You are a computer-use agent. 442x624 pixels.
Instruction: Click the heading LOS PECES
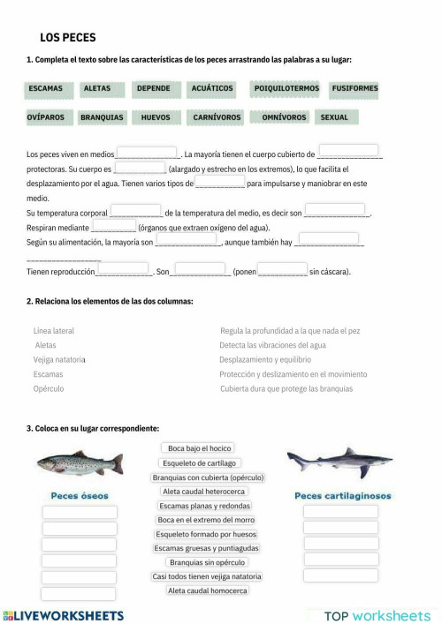click(x=68, y=38)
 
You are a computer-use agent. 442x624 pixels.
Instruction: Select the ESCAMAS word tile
click(x=46, y=89)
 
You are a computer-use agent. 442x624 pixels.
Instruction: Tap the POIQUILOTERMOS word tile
click(x=286, y=89)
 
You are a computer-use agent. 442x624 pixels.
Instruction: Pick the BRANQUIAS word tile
click(x=102, y=117)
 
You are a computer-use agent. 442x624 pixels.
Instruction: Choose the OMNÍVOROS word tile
click(x=284, y=117)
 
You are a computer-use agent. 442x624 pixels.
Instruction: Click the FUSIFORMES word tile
click(x=354, y=89)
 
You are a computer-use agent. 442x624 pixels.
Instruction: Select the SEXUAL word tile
click(x=334, y=117)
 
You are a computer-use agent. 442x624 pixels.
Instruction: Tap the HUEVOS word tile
click(x=156, y=117)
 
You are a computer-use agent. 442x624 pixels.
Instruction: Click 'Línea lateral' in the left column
click(x=54, y=331)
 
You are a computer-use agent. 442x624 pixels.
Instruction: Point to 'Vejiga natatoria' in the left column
click(x=59, y=359)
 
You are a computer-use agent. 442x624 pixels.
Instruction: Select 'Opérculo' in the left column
click(x=49, y=388)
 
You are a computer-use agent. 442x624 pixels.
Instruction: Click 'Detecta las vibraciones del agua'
click(x=272, y=345)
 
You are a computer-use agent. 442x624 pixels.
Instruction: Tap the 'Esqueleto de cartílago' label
click(x=200, y=462)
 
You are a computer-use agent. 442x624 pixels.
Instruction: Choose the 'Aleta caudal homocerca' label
click(x=207, y=590)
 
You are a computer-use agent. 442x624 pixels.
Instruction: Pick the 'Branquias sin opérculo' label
click(x=207, y=562)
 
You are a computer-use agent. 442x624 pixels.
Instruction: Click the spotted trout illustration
click(x=80, y=462)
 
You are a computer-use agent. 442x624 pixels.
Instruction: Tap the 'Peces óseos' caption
click(x=80, y=495)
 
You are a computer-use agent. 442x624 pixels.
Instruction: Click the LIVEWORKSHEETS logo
click(x=64, y=615)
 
